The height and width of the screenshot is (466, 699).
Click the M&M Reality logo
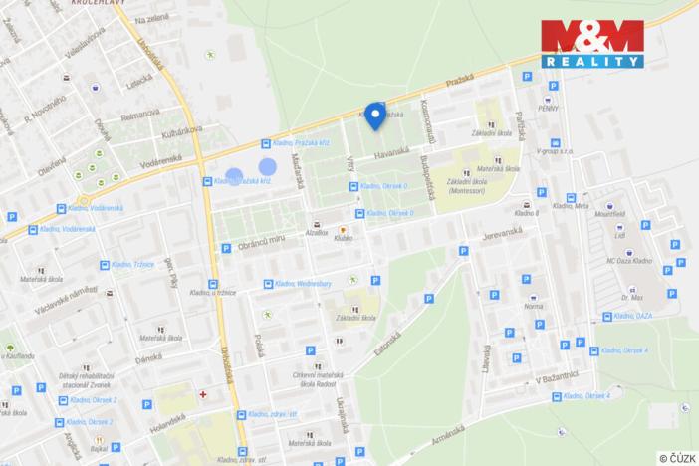(593, 44)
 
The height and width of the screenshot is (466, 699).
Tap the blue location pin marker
(374, 116)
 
